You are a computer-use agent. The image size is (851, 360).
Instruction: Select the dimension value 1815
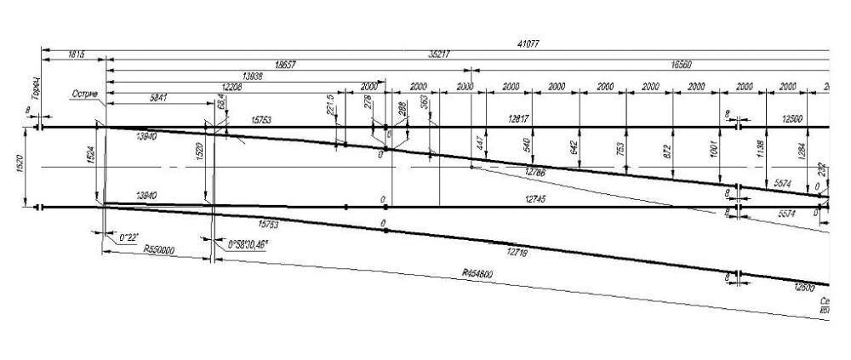tap(75, 54)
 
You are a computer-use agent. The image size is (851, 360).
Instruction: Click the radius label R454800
tap(478, 274)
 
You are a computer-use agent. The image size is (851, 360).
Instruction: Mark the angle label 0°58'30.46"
tap(248, 244)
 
